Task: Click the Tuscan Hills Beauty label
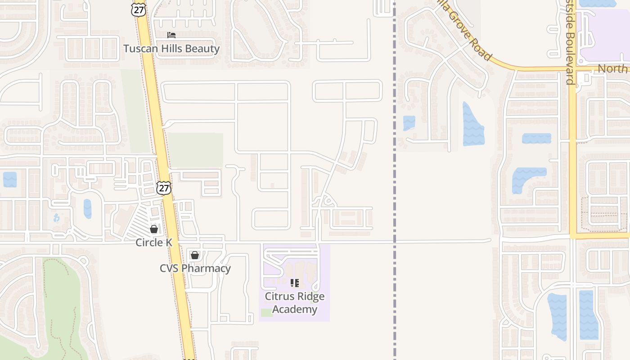[x=171, y=49]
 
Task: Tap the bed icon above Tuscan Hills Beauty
[x=171, y=35]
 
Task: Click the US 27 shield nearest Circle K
[x=164, y=188]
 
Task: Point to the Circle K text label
[x=154, y=243]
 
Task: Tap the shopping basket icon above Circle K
[x=154, y=229]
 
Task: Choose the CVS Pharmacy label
[x=195, y=269]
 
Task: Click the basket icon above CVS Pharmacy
[x=195, y=255]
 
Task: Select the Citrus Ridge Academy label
[x=295, y=303]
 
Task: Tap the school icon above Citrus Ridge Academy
[x=295, y=283]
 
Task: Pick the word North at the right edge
[x=612, y=69]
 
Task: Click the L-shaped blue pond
[x=526, y=177]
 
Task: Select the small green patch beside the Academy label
[x=267, y=312]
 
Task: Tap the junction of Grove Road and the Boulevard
[x=572, y=69]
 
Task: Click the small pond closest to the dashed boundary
[x=409, y=123]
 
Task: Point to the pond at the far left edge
[x=9, y=180]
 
